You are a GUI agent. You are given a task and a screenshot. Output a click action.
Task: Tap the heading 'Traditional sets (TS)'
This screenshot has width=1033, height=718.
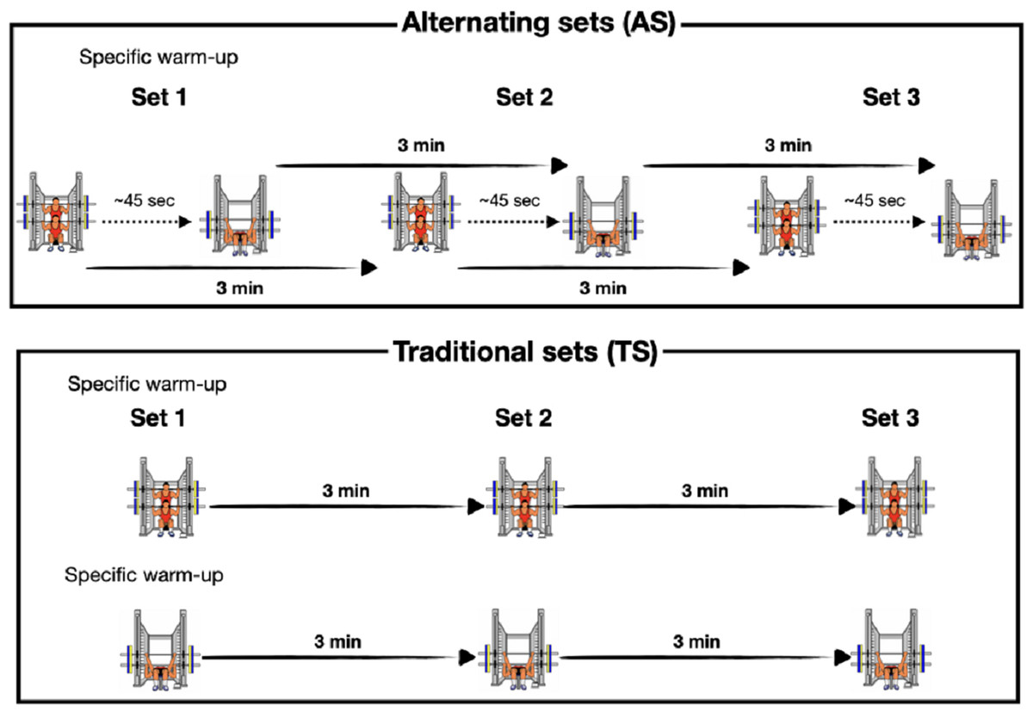[525, 353]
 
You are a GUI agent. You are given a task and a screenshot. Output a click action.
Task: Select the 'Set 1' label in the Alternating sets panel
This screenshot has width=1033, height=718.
[157, 98]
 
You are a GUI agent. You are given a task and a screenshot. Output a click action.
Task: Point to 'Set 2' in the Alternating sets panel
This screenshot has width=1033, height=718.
[523, 98]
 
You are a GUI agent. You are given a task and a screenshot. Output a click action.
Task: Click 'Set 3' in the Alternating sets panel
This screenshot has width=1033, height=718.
[890, 98]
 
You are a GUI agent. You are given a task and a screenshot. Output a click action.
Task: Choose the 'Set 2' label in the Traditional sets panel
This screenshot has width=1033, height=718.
[523, 419]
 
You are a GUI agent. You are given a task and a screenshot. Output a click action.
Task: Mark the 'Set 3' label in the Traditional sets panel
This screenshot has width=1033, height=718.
[890, 419]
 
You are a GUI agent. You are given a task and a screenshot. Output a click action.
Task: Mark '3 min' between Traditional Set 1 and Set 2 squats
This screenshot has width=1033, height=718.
[346, 492]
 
